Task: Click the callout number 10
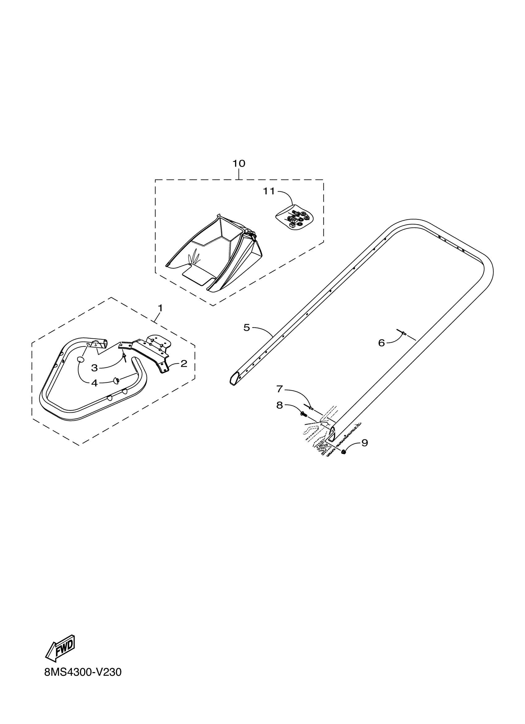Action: [239, 163]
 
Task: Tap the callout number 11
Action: [269, 191]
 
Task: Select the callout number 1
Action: [160, 308]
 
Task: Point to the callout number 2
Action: [184, 363]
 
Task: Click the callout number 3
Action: [94, 368]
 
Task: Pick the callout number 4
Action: [94, 383]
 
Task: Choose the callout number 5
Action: [246, 328]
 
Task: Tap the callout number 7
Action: [279, 389]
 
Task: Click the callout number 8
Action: [279, 405]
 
